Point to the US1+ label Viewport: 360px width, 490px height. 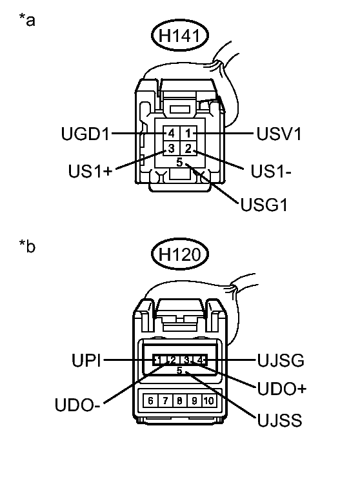click(x=92, y=172)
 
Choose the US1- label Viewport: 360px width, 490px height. click(x=265, y=172)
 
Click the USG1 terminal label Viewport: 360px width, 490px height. click(x=263, y=206)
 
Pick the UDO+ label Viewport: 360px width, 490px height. click(x=281, y=389)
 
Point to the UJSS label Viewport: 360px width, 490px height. click(x=279, y=422)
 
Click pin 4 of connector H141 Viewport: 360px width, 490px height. click(x=172, y=134)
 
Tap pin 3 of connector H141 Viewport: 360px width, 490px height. click(x=172, y=149)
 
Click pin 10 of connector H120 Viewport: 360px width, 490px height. click(x=208, y=401)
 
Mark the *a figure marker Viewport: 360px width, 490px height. click(x=27, y=20)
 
